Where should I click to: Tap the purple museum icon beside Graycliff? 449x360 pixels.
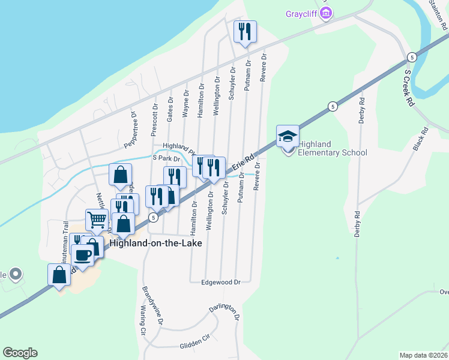click(x=326, y=13)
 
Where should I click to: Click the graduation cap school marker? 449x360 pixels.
click(x=288, y=136)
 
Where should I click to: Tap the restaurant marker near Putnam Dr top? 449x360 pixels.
click(x=244, y=32)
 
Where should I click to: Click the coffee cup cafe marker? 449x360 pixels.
click(x=82, y=256)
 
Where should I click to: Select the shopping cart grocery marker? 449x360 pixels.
click(x=97, y=220)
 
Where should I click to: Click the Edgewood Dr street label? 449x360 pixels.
click(x=221, y=281)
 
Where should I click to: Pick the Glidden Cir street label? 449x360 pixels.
click(x=196, y=342)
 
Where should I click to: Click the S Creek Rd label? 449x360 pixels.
click(x=409, y=87)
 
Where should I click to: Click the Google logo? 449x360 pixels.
click(x=20, y=353)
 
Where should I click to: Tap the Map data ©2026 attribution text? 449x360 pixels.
click(x=424, y=355)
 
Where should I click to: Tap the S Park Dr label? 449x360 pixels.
click(x=166, y=159)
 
